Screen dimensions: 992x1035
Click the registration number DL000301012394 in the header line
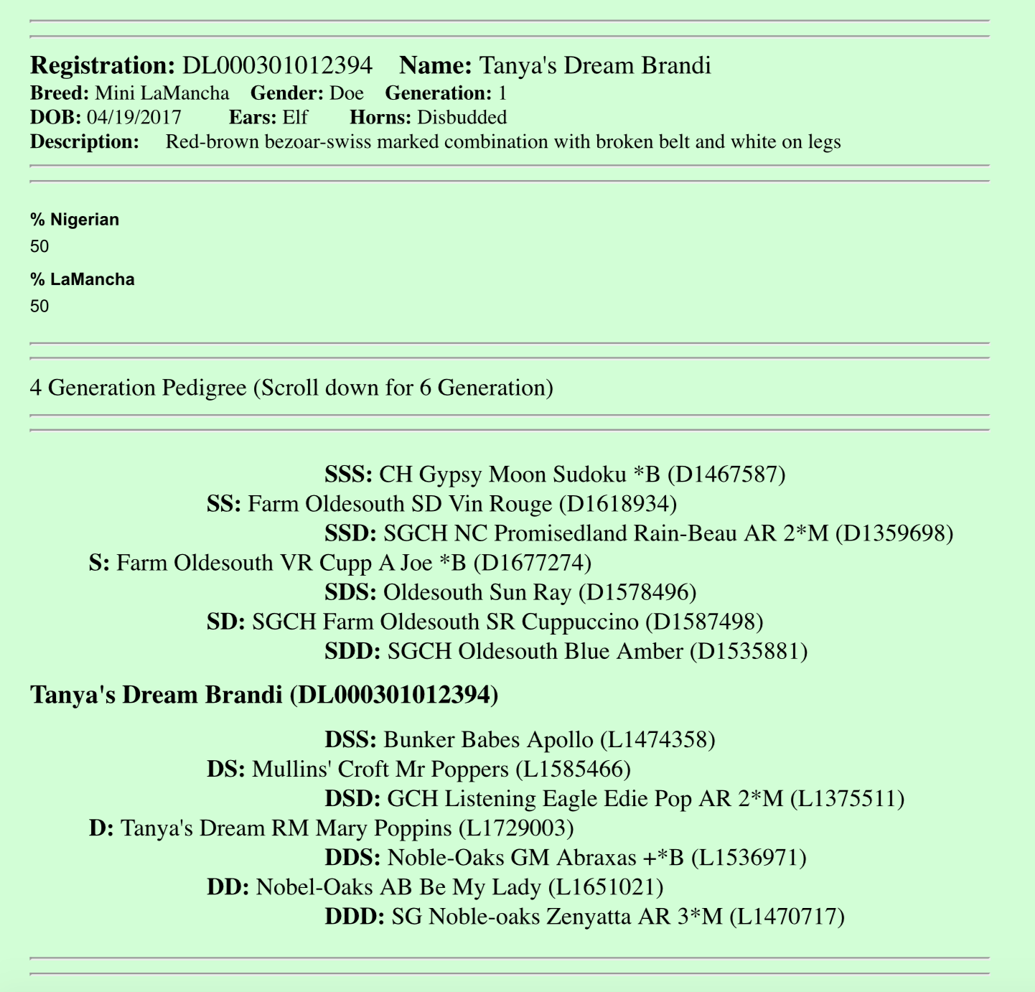277,65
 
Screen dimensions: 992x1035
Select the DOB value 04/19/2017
134,117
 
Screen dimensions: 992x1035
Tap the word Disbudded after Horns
462,117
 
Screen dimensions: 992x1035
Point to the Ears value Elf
295,117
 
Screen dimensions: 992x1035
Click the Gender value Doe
346,93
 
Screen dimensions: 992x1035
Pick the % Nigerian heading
75,220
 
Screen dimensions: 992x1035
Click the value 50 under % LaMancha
39,307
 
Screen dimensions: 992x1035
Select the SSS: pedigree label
348,474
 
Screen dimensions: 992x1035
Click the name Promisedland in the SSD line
563,533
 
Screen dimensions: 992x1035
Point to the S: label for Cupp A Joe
99,563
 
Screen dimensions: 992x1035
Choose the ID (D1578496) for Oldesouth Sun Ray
637,592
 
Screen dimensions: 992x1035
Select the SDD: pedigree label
352,651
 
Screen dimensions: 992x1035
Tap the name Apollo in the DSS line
560,739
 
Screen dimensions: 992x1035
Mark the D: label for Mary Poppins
101,828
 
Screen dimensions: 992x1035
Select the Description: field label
85,141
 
